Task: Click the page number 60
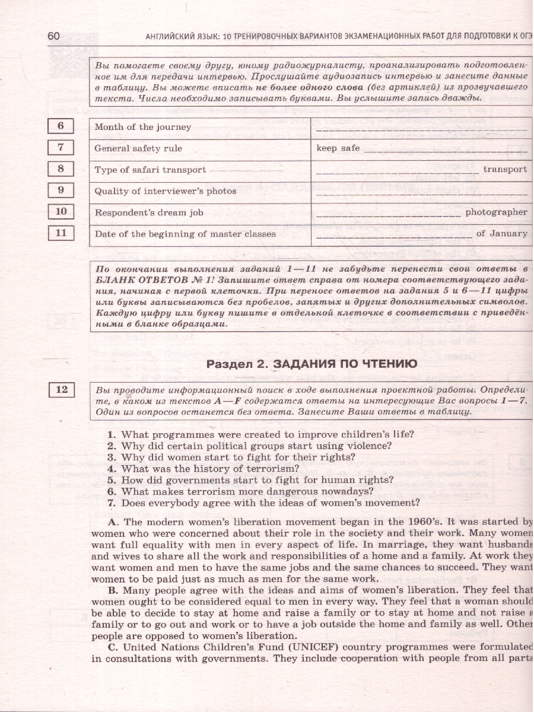tap(53, 37)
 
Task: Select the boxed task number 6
tap(61, 126)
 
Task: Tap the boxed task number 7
tap(61, 148)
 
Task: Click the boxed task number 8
tap(61, 169)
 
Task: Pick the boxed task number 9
tap(61, 190)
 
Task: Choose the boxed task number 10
tap(61, 212)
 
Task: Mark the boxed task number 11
tap(61, 233)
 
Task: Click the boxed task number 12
tap(62, 390)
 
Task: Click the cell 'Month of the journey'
tap(142, 127)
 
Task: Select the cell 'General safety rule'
tap(138, 148)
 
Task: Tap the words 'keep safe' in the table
tap(338, 148)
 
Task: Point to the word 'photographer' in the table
tap(496, 212)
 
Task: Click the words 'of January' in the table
tap(501, 234)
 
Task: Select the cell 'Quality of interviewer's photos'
tap(165, 191)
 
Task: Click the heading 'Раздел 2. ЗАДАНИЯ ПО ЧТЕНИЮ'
tap(311, 364)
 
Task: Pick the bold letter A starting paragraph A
tap(114, 522)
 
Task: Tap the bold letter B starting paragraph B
tap(113, 590)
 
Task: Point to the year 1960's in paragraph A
tap(414, 522)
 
